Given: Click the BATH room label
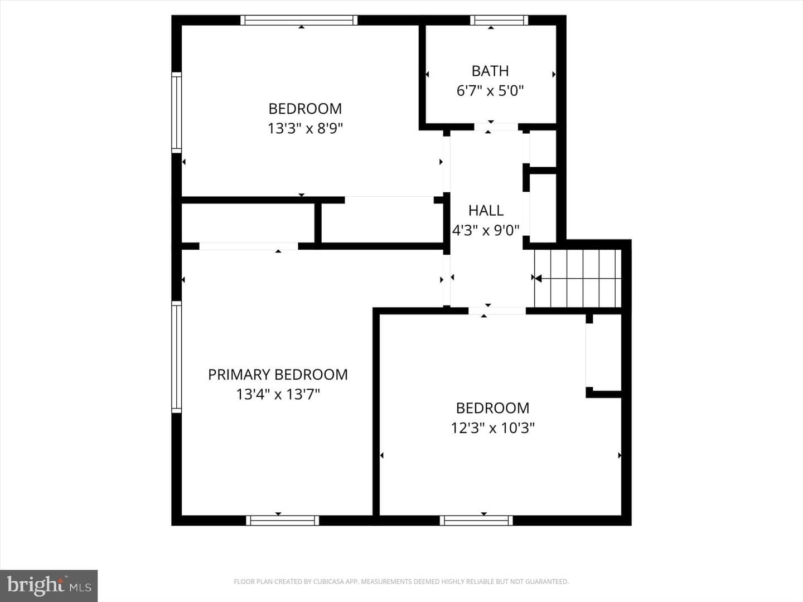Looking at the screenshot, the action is point(490,71).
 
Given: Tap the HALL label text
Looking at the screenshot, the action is point(486,211).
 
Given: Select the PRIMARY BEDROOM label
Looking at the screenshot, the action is point(278,375).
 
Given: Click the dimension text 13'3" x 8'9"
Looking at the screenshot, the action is point(305,128).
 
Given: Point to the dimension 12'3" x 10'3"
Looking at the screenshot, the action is point(492,428).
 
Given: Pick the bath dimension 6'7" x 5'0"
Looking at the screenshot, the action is point(490,91).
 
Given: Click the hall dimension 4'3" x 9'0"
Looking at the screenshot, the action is point(486,230).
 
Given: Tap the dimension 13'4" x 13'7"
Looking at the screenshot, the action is point(278,395).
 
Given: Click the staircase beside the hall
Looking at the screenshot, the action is point(578,279).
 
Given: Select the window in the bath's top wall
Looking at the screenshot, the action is point(499,20).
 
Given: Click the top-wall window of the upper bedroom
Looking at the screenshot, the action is point(299,20).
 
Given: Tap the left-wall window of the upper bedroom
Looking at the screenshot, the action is point(177,113).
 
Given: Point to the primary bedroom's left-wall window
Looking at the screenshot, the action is point(177,357).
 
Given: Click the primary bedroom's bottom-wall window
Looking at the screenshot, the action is point(282,521).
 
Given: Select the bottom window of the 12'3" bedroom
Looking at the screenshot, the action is point(476,521).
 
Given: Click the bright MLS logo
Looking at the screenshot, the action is point(49,586).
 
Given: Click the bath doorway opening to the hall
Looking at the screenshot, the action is point(496,127).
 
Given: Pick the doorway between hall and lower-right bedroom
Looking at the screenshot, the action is point(497,310).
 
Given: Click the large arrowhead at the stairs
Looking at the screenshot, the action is point(538,279).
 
